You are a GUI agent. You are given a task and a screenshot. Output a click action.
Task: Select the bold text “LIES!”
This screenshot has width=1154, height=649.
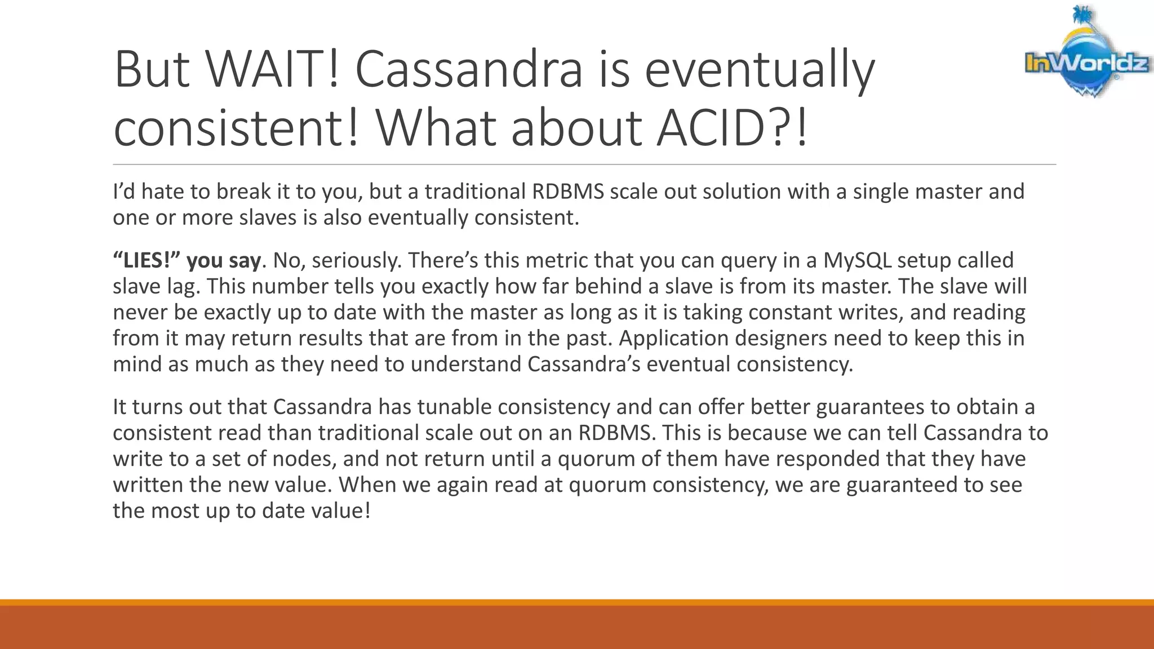(147, 260)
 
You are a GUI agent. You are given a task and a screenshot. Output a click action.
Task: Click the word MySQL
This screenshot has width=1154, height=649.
(857, 260)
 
